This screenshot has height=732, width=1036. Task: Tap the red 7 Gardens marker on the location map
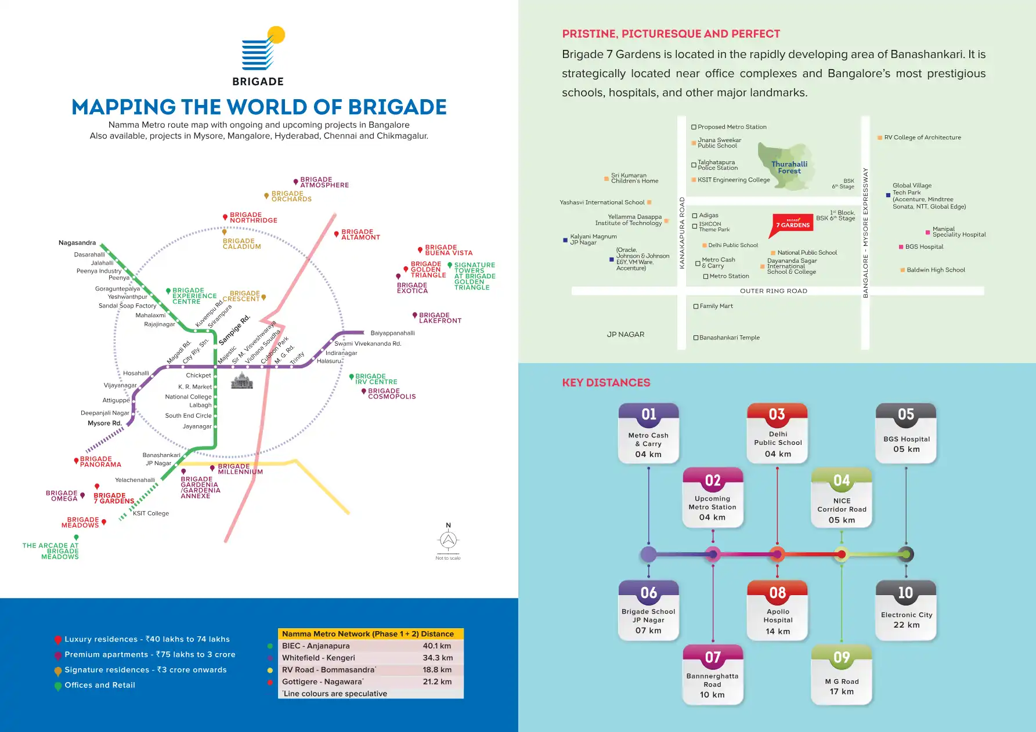[792, 224]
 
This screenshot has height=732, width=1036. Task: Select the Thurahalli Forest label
[789, 168]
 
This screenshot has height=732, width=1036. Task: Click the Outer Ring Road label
[773, 291]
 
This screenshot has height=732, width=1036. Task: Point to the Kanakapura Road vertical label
[682, 233]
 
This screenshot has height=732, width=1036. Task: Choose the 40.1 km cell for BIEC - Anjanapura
[436, 646]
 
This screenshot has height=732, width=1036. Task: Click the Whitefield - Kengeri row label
[319, 658]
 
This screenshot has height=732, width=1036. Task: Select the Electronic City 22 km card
[906, 611]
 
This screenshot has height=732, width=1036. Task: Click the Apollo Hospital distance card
[778, 611]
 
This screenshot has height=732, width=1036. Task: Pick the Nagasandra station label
[77, 243]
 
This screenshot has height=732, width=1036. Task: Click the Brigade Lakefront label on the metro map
[439, 318]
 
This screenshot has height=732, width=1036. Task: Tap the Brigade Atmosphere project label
[324, 183]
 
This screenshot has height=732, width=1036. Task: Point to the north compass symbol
[448, 539]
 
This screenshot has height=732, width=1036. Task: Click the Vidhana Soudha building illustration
[242, 381]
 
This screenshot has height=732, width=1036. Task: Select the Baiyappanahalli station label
[392, 334]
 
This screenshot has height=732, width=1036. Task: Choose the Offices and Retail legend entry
[99, 685]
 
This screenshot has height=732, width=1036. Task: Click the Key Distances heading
[606, 383]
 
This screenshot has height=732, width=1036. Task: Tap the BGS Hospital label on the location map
[924, 247]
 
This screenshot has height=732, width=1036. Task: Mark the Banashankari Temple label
[729, 338]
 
